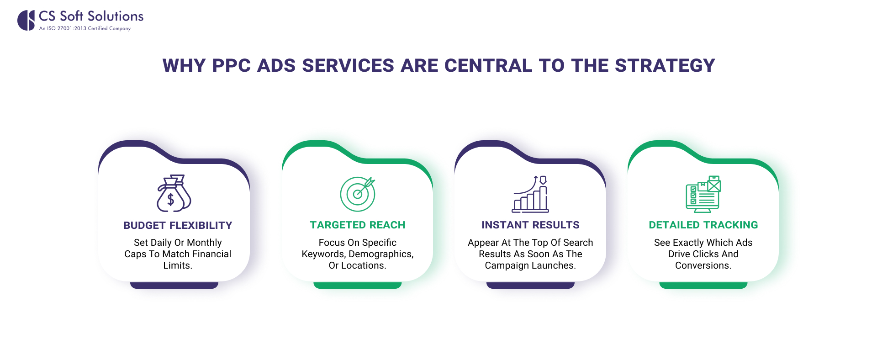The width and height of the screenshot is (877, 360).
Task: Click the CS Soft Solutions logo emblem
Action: (26, 21)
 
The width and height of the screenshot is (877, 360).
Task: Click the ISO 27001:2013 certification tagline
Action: (85, 28)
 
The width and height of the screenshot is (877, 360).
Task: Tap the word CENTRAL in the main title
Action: (488, 66)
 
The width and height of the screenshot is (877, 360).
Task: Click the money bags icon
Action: (174, 193)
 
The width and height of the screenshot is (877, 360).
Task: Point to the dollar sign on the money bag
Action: (170, 200)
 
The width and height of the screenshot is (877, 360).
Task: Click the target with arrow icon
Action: (358, 194)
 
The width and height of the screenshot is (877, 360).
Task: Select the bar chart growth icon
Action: (530, 194)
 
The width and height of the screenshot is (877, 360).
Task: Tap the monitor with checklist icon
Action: (703, 194)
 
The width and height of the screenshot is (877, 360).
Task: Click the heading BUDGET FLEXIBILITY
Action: (178, 225)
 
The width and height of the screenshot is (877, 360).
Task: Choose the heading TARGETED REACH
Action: (358, 225)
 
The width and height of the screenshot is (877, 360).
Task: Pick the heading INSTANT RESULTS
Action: (530, 225)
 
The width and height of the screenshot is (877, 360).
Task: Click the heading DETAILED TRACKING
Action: (703, 225)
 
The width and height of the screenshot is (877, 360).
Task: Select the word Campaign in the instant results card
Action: (505, 265)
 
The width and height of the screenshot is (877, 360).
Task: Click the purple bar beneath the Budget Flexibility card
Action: (174, 285)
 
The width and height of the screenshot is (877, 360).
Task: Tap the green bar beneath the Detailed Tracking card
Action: (703, 285)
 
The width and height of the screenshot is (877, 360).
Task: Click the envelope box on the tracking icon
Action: (714, 185)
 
